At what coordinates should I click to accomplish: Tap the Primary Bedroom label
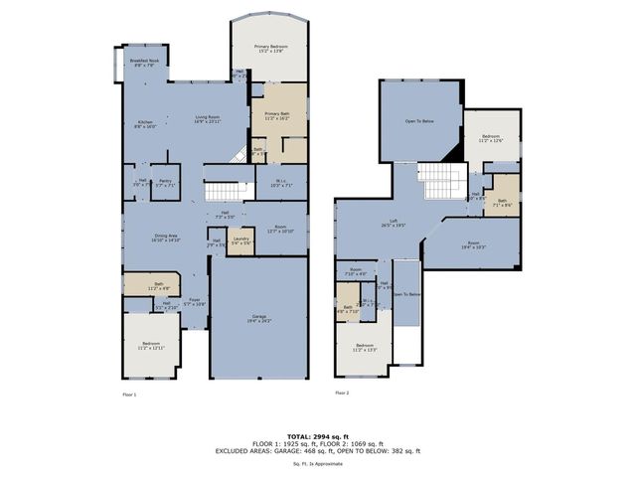(x=270, y=49)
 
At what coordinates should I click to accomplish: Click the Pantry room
(x=165, y=183)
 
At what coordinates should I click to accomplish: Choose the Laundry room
(x=239, y=240)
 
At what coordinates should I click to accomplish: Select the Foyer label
(x=196, y=302)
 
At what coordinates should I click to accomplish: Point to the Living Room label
(x=207, y=118)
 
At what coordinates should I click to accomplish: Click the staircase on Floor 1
(x=223, y=191)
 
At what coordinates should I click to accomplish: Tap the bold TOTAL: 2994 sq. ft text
(x=318, y=436)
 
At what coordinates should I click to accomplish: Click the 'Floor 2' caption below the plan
(x=343, y=394)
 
